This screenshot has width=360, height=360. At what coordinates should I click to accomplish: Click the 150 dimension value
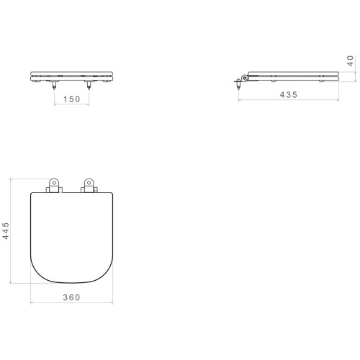(x=71, y=99)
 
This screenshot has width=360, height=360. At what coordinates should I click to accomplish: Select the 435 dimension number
(x=289, y=95)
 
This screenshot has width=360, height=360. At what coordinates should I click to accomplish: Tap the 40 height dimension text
(x=351, y=60)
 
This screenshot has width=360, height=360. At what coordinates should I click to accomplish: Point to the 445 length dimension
(x=6, y=230)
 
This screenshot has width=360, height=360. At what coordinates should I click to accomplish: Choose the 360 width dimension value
(x=71, y=297)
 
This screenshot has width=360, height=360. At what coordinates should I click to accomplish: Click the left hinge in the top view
(x=54, y=186)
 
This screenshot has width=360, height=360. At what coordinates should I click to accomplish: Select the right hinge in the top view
(x=89, y=186)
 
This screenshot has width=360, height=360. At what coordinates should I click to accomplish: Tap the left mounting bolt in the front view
(x=54, y=85)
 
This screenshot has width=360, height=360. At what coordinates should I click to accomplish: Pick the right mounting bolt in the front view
(x=89, y=85)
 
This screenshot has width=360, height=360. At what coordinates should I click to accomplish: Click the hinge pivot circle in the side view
(x=245, y=78)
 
